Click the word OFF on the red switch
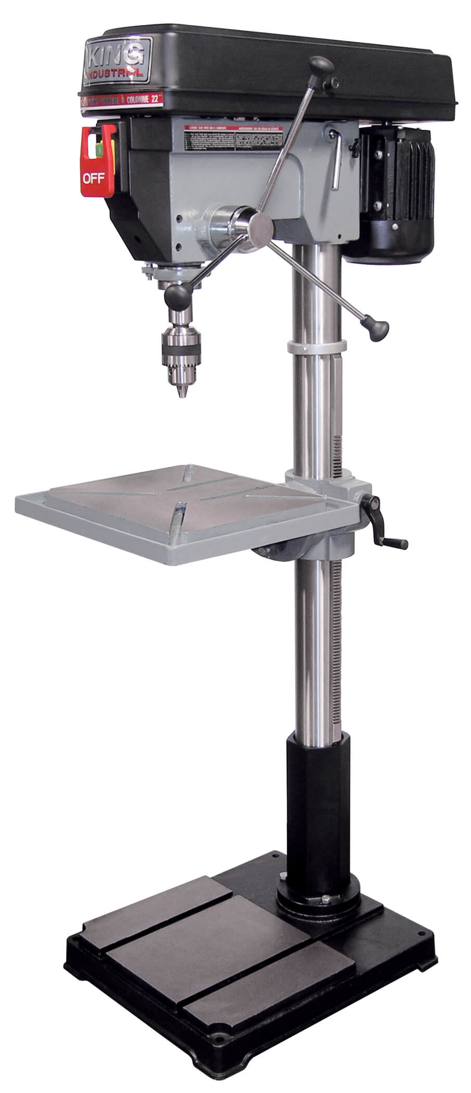coord(94,179)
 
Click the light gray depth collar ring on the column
coord(316,346)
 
